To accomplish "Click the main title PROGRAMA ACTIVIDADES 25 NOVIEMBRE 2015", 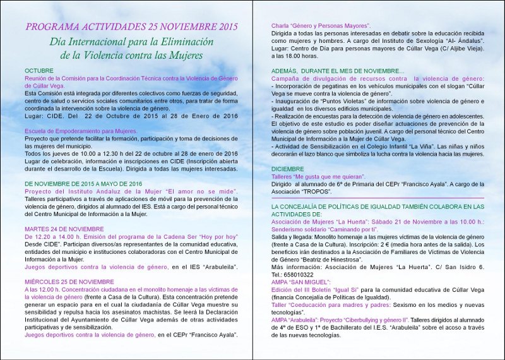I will pyautogui.click(x=131, y=27).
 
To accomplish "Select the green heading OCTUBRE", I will pyautogui.click(x=40, y=70).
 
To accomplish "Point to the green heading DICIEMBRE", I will pyautogui.click(x=287, y=169).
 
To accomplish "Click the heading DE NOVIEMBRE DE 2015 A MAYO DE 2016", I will pyautogui.click(x=83, y=183).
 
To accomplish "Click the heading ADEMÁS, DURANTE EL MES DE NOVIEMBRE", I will pyautogui.click(x=338, y=71).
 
